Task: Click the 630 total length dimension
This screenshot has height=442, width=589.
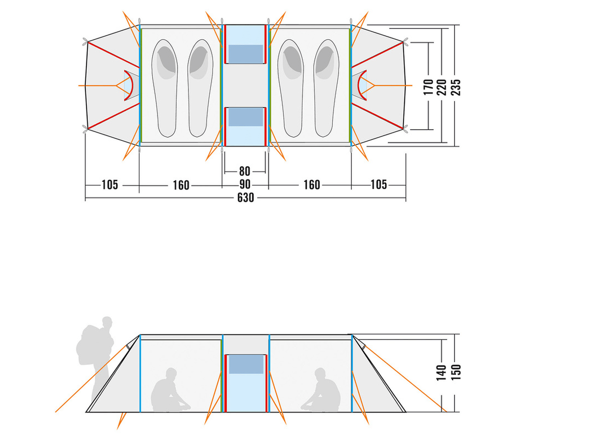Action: click(x=245, y=198)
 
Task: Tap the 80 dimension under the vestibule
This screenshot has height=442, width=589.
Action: click(x=244, y=171)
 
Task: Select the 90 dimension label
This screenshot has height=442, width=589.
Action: click(x=245, y=185)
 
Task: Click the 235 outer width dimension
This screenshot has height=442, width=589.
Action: click(x=455, y=87)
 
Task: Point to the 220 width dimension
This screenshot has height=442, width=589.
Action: click(x=442, y=87)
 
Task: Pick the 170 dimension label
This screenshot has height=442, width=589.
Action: click(x=428, y=87)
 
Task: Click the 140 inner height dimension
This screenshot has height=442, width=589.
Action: click(x=441, y=372)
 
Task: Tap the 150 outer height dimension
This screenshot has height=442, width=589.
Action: click(x=455, y=372)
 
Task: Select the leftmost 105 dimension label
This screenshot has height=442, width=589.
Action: click(x=110, y=185)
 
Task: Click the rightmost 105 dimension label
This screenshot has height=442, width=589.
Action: click(x=378, y=185)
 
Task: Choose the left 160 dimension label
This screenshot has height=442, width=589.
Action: click(x=181, y=186)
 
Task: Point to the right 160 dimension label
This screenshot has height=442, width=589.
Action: click(x=312, y=185)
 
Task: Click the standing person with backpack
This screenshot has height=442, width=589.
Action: click(x=95, y=359)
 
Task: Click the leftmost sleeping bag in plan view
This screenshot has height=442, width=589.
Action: click(x=164, y=88)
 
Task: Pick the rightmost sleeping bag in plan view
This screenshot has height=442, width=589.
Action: click(x=326, y=88)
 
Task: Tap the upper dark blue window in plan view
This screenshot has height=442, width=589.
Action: click(x=245, y=54)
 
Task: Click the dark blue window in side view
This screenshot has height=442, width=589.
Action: click(x=246, y=364)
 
